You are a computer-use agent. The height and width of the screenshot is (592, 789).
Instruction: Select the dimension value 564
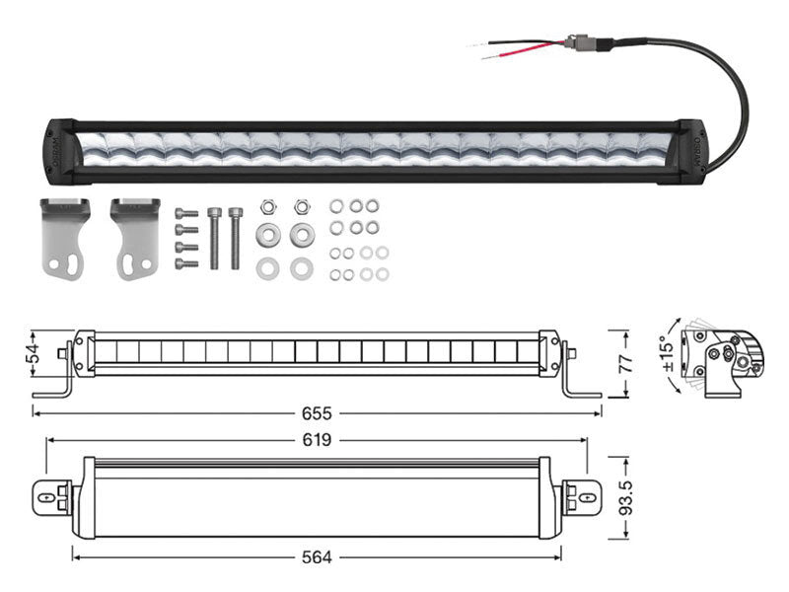[317, 557]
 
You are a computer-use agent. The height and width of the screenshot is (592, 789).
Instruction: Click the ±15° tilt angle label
[668, 358]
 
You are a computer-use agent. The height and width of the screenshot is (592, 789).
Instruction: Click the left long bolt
[214, 237]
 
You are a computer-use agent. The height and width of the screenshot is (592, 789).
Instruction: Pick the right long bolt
[235, 237]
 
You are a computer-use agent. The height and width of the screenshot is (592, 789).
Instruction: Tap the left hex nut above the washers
[266, 208]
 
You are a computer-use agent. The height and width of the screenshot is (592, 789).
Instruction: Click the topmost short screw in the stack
[180, 213]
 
